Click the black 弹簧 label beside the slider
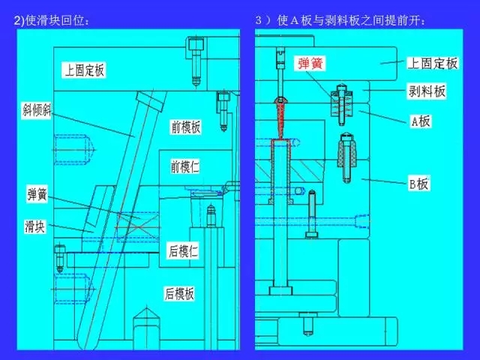[37, 194]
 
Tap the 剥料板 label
[427, 91]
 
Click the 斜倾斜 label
[37, 110]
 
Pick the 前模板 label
[186, 127]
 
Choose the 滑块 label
[34, 225]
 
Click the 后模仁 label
[184, 252]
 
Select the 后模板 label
[180, 292]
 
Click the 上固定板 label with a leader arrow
[432, 63]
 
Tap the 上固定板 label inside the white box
[84, 70]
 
